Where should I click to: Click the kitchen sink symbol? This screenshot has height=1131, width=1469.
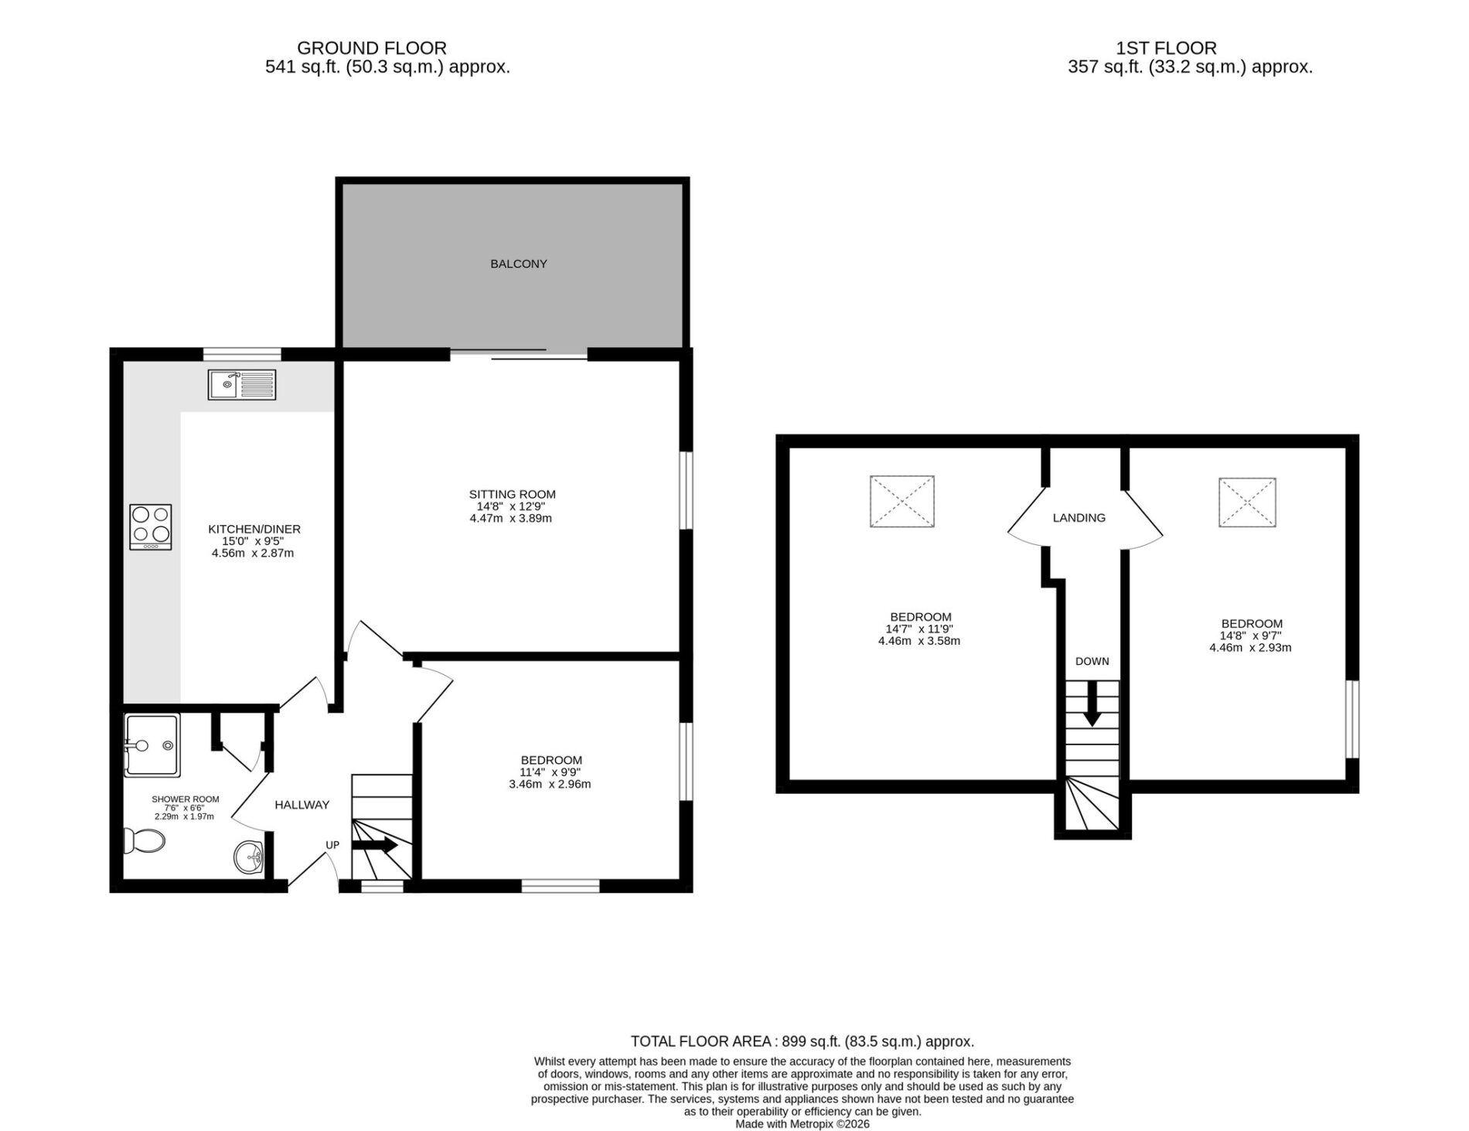coord(242,385)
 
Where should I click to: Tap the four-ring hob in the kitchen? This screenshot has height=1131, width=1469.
coord(151,527)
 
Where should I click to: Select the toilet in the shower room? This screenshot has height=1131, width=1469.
coord(145,840)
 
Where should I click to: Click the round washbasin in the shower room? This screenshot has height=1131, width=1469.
coord(249,857)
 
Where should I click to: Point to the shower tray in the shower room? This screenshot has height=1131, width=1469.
coord(152,745)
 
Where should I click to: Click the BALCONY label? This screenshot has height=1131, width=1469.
coord(519,264)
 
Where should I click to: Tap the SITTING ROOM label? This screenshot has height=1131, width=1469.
coord(512,494)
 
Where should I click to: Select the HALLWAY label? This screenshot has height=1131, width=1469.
coord(302,805)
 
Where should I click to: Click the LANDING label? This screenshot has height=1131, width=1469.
coord(1079,518)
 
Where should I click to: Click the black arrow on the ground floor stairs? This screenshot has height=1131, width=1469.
coord(375,845)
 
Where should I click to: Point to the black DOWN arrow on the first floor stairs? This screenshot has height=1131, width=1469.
coord(1092,703)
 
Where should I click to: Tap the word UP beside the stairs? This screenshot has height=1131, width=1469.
coord(332,845)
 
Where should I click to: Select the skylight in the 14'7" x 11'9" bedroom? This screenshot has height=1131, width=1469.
coord(902,502)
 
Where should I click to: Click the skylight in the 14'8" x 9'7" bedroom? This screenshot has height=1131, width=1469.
coord(1247,502)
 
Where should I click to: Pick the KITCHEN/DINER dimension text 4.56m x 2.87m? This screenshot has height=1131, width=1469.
coord(253,554)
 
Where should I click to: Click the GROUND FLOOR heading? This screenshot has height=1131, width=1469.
coord(372,48)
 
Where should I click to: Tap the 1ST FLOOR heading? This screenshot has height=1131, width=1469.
coord(1167,48)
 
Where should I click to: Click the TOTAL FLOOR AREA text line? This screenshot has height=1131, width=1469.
coord(803,1041)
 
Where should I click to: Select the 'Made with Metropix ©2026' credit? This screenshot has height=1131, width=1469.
coord(803,1124)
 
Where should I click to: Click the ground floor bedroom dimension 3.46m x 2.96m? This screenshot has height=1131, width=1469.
coord(550,784)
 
